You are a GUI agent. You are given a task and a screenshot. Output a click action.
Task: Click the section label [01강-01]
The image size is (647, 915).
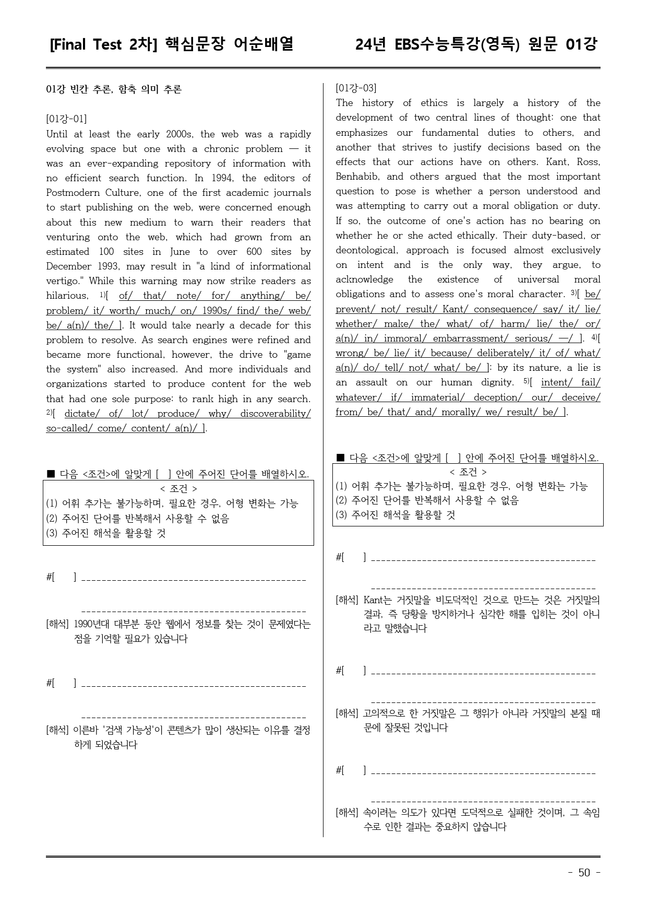coord(66,119)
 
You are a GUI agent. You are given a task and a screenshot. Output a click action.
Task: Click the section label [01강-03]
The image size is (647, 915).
coord(356,88)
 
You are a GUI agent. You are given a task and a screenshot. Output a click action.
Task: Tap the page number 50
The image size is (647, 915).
coord(584,873)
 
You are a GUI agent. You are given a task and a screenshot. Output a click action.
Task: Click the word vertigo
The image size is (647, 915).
coord(64,281)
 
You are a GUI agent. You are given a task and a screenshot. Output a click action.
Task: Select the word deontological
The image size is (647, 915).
coord(365,250)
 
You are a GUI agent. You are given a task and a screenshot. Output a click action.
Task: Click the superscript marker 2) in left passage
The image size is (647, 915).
coord(50,413)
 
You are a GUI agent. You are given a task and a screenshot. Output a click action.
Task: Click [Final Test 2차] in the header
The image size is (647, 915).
coord(104,45)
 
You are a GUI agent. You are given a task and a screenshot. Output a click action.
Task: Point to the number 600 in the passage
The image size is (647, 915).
coord(254,252)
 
